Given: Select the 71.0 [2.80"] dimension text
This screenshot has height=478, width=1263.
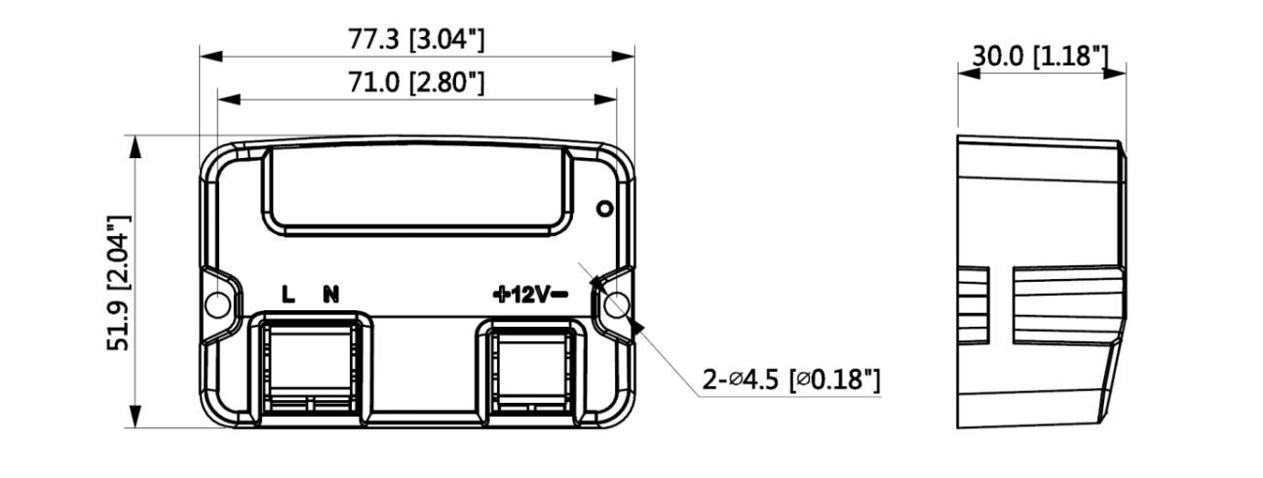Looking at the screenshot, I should tap(417, 83).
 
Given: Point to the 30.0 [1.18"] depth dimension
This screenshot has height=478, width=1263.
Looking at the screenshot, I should tap(1041, 56).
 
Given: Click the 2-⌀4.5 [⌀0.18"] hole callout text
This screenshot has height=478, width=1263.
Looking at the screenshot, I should tap(791, 379).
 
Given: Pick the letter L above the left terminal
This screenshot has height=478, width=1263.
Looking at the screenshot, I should tap(288, 295).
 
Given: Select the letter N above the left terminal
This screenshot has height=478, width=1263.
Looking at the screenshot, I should tap(331, 295).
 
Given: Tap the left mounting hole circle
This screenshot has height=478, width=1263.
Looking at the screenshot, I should tap(218, 304).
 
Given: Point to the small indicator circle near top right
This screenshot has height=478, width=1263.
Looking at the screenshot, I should tap(603, 208).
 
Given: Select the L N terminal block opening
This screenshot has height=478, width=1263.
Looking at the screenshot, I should tap(310, 369).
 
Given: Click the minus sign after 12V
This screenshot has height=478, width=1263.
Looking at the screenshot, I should tap(561, 295).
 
